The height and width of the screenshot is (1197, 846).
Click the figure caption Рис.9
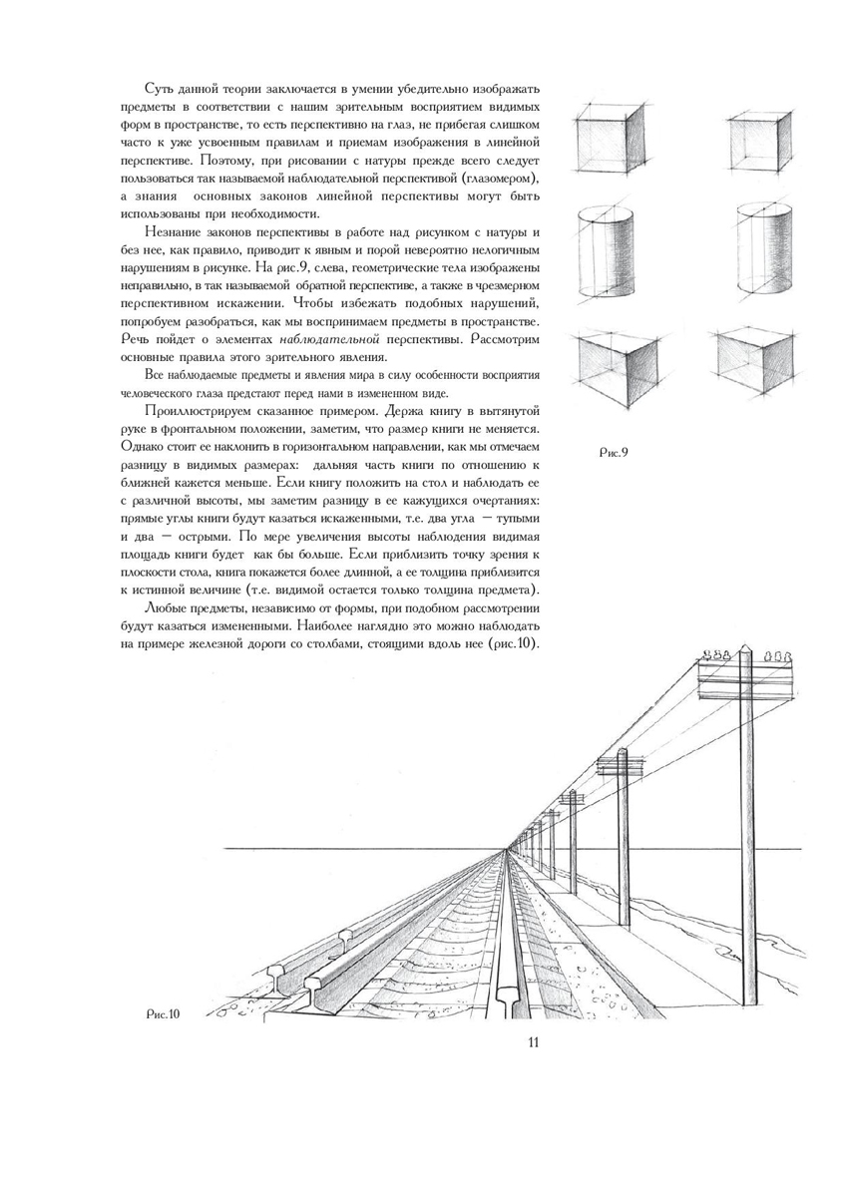tap(613, 452)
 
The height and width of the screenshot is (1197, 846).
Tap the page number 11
tap(533, 1042)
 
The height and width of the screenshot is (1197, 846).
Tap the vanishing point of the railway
tap(507, 850)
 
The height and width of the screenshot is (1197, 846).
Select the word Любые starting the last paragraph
tap(167, 607)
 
